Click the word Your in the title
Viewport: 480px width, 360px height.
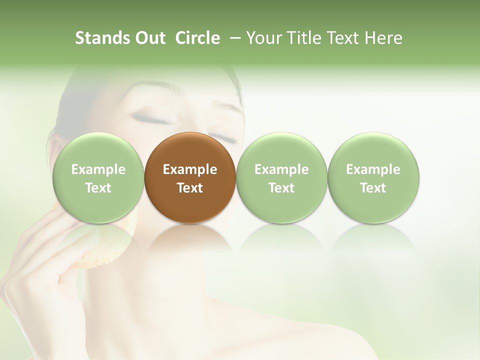coord(263,38)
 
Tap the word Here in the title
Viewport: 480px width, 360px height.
coord(383,38)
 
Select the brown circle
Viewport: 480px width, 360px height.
coord(190,178)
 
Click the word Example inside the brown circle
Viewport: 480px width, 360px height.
coord(190,169)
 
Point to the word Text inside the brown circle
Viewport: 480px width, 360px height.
coord(190,188)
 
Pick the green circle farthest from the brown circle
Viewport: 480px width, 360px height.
coord(373,178)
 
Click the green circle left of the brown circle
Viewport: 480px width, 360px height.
coord(98,178)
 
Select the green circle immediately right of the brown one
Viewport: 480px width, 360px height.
coord(281,178)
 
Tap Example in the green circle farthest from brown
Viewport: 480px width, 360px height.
coord(373,169)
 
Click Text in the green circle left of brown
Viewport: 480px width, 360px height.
coord(98,188)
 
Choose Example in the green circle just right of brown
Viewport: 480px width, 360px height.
coord(281,169)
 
